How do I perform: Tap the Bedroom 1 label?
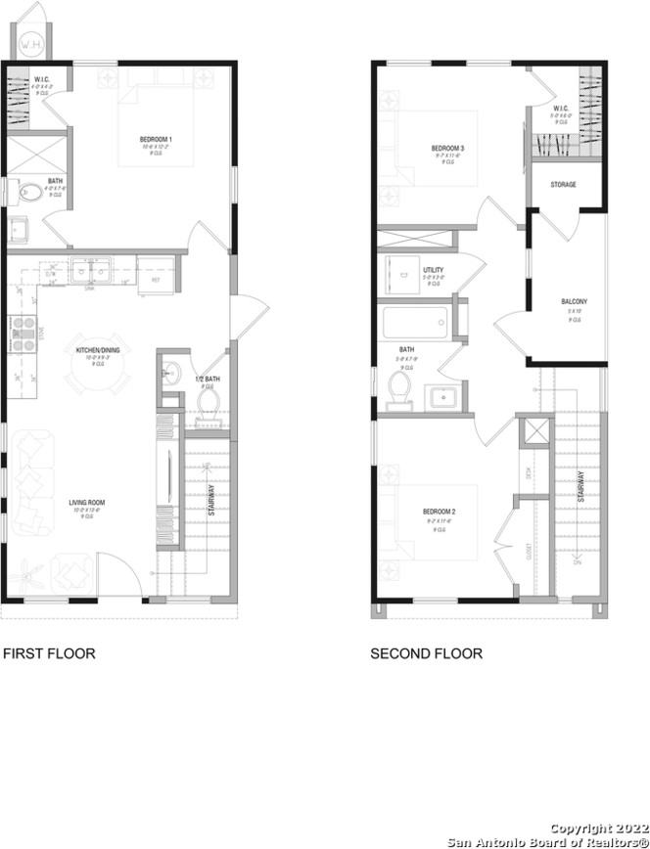157,140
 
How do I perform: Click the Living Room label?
86,503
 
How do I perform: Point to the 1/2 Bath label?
206,379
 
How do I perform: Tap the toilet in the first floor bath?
28,193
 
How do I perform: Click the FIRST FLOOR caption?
50,652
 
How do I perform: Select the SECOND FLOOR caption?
426,652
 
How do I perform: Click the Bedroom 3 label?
448,149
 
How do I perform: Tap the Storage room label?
563,184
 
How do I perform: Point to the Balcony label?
574,301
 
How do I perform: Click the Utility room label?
433,270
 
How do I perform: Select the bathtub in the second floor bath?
416,321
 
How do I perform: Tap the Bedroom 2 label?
440,512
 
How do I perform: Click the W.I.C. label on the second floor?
561,109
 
